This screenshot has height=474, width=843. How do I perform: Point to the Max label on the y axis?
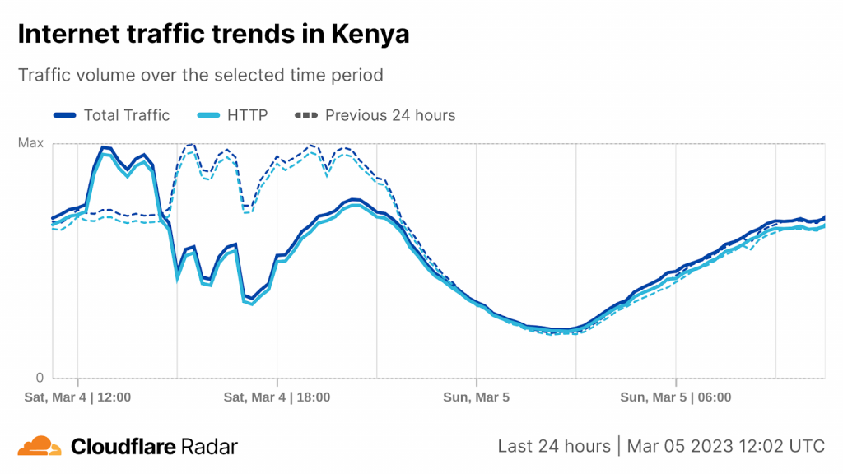[30, 144]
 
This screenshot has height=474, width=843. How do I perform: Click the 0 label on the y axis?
[39, 379]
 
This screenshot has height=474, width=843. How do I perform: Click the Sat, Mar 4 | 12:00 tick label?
[77, 397]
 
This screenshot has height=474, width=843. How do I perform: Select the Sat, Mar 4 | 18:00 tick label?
[277, 397]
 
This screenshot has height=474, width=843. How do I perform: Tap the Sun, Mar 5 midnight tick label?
[476, 397]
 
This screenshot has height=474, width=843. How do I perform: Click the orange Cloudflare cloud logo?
[40, 446]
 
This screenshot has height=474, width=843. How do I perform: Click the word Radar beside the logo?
[210, 447]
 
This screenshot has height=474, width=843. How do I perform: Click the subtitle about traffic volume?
[200, 75]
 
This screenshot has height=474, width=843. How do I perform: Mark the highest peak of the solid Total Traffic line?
[104, 148]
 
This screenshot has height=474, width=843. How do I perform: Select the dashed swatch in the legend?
[305, 115]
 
